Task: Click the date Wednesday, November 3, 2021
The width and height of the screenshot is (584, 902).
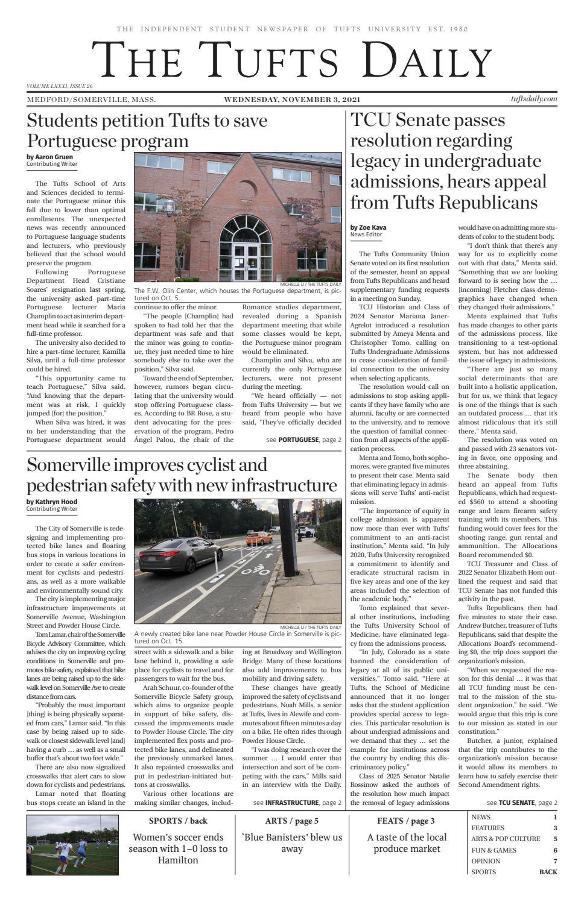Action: pyautogui.click(x=292, y=99)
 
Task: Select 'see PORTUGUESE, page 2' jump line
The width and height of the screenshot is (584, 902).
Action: pyautogui.click(x=303, y=440)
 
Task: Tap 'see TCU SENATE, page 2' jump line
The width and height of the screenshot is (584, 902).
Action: pyautogui.click(x=522, y=803)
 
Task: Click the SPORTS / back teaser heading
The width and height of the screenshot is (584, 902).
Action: pyautogui.click(x=178, y=821)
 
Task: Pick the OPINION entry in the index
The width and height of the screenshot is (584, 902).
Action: pyautogui.click(x=486, y=861)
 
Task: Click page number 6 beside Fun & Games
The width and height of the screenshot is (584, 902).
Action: pyautogui.click(x=554, y=850)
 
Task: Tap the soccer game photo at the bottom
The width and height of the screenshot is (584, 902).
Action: pyautogui.click(x=72, y=845)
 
